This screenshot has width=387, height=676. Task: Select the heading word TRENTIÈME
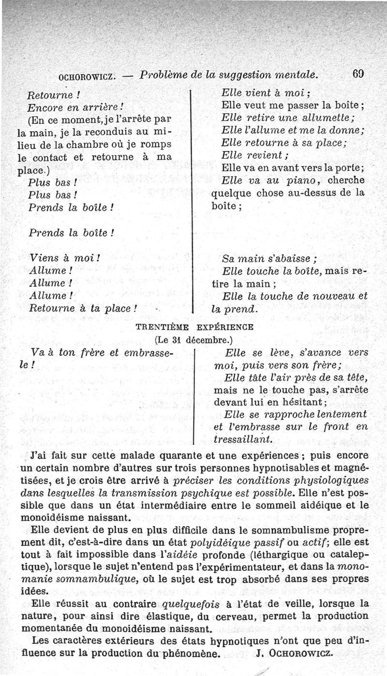point(161,327)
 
